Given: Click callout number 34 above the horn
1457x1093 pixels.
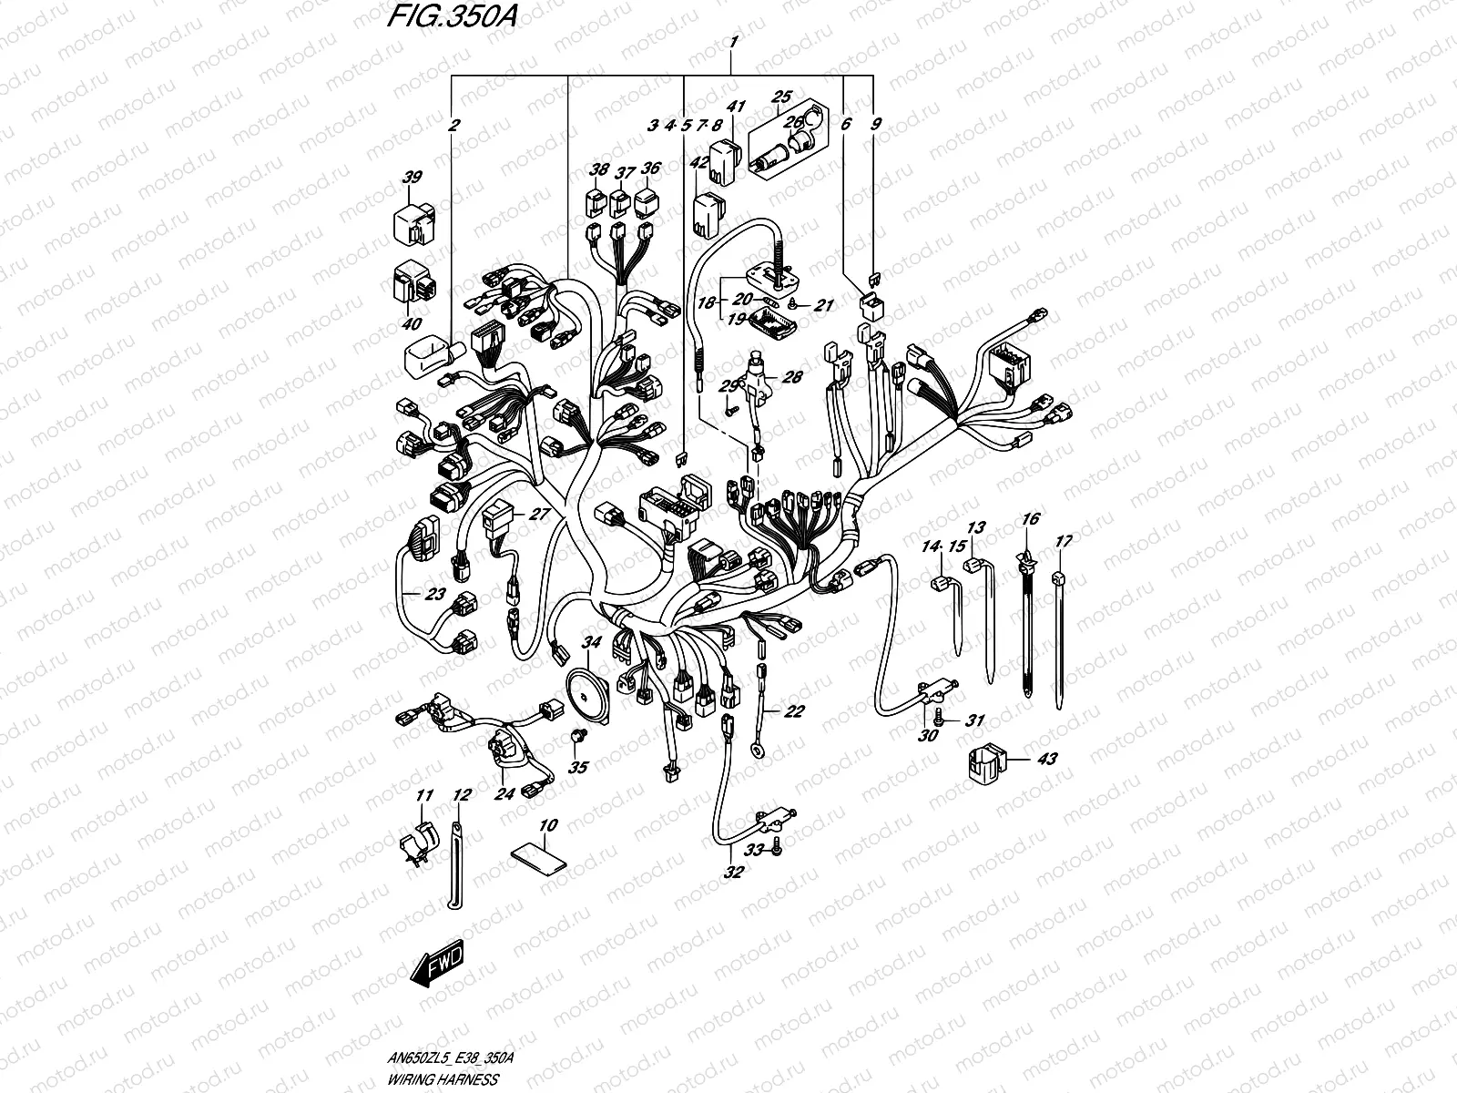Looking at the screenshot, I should (592, 643).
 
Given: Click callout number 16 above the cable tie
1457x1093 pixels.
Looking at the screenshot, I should (1030, 519).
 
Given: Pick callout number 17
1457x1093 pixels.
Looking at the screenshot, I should (1063, 541).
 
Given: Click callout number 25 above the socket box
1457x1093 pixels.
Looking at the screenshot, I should (782, 96).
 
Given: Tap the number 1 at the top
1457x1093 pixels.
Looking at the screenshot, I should (733, 42).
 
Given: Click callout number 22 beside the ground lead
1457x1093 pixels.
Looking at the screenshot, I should (793, 711).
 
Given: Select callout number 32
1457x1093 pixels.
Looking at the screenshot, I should (733, 872).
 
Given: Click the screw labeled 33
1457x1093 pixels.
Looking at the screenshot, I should (775, 849).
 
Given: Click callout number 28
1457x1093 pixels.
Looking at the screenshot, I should (791, 377).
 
